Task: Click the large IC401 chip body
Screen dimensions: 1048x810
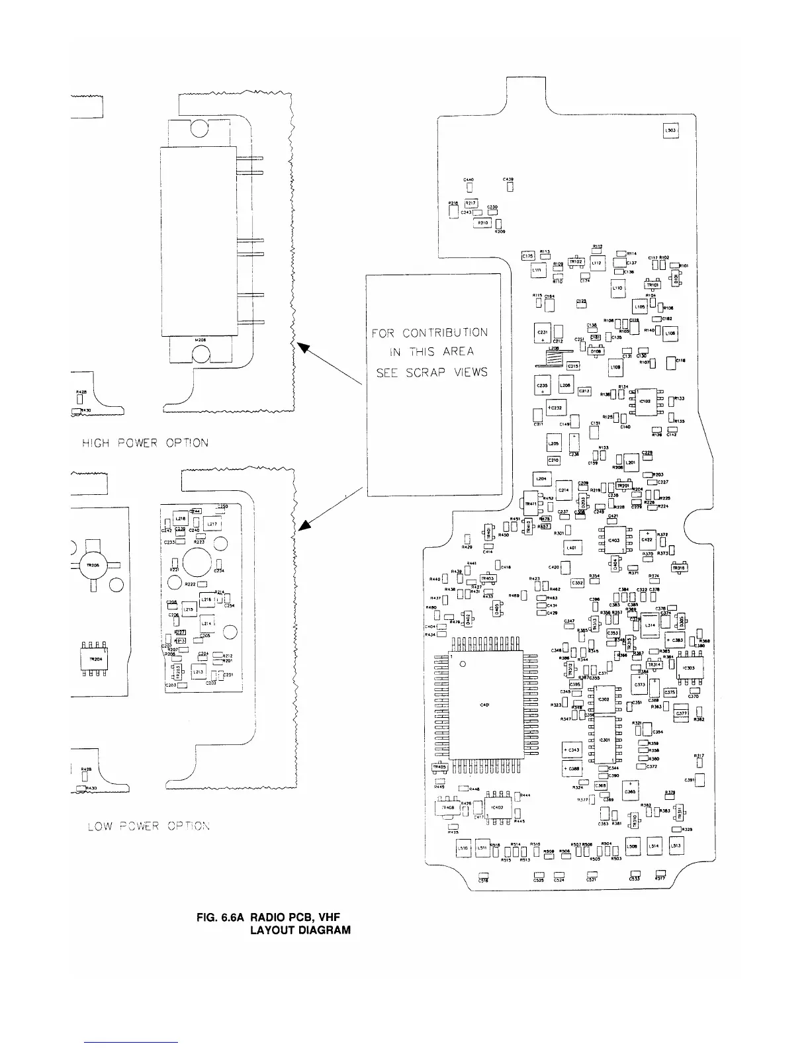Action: coord(486,705)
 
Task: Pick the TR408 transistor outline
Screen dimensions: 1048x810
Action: coord(447,808)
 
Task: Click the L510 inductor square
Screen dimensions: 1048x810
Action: coord(463,848)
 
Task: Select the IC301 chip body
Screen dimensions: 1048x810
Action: coord(604,740)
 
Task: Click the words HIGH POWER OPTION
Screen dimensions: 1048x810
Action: coord(145,443)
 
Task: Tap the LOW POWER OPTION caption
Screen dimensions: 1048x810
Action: coord(150,826)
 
